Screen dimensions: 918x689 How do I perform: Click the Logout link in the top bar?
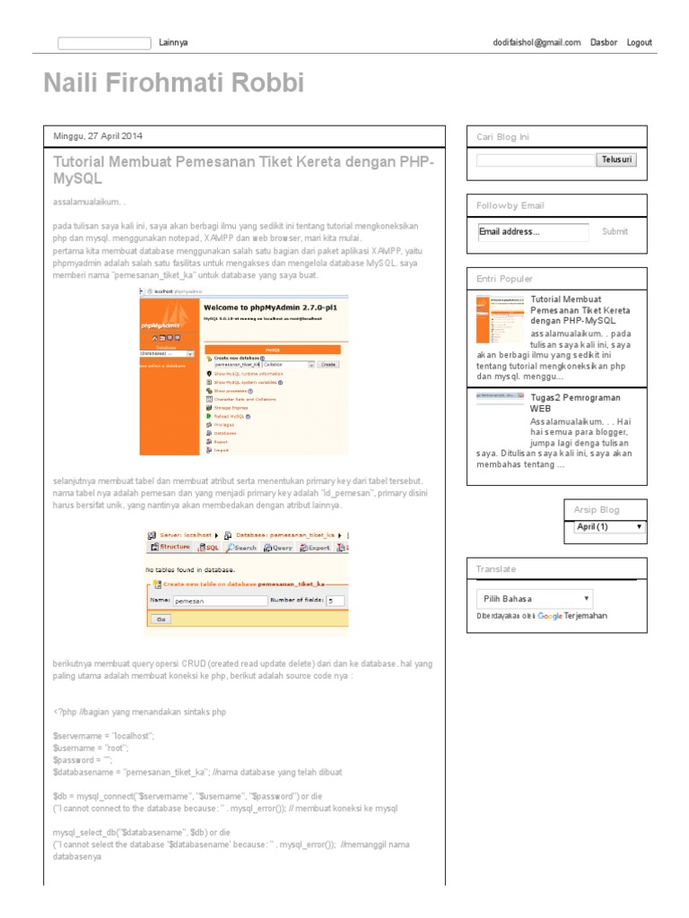tap(639, 42)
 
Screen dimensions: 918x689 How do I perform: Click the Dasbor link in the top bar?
tap(603, 42)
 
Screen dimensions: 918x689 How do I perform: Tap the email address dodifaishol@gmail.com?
tap(536, 42)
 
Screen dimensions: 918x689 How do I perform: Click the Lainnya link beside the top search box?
tap(173, 42)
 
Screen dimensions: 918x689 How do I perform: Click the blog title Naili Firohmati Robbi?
tap(174, 83)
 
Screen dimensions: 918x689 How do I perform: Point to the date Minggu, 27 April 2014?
tap(98, 136)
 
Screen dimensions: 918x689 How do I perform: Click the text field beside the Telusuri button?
tap(536, 160)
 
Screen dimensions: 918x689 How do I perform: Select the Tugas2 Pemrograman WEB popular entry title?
tap(575, 403)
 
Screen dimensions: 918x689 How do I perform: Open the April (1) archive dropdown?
tap(609, 527)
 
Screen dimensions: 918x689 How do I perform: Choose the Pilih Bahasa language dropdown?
tap(534, 598)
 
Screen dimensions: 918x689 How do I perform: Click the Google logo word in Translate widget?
tap(550, 616)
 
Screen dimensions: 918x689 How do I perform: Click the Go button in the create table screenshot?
tap(161, 619)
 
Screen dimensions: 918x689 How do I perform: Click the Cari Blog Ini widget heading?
tap(502, 137)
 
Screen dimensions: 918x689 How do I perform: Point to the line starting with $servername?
tap(104, 735)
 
